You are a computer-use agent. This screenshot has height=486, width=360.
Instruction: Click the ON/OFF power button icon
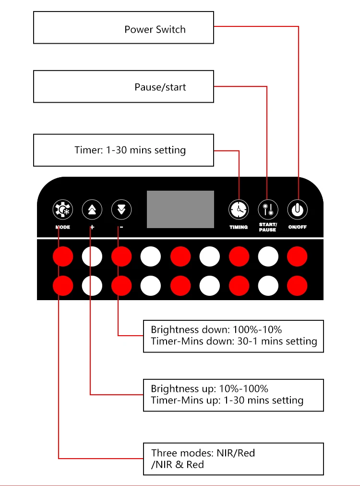pyautogui.click(x=297, y=209)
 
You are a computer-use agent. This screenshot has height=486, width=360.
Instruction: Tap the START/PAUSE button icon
pyautogui.click(x=268, y=209)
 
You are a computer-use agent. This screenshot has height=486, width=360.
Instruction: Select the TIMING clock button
pyautogui.click(x=239, y=209)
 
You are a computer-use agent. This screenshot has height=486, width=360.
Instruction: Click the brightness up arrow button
pyautogui.click(x=92, y=209)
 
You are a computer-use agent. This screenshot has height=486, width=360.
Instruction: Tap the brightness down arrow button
pyautogui.click(x=121, y=209)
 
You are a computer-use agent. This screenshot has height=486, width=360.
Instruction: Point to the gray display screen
pyautogui.click(x=180, y=209)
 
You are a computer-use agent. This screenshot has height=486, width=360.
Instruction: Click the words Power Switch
pyautogui.click(x=155, y=29)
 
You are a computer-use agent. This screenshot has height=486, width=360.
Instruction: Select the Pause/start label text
pyautogui.click(x=160, y=87)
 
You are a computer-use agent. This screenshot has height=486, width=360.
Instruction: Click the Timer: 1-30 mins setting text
pyautogui.click(x=130, y=150)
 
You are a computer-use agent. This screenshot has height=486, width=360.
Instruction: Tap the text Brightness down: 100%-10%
pyautogui.click(x=216, y=330)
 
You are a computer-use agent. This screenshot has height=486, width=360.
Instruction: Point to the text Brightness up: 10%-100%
pyautogui.click(x=209, y=389)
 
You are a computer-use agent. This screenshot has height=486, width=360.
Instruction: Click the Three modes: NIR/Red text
pyautogui.click(x=203, y=453)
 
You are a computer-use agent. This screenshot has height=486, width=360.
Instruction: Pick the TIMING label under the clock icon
pyautogui.click(x=239, y=227)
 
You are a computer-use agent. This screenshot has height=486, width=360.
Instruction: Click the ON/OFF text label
pyautogui.click(x=297, y=227)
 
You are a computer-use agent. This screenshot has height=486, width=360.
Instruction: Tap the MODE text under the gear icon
pyautogui.click(x=63, y=227)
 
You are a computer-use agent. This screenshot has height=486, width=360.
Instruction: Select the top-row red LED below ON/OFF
pyautogui.click(x=297, y=257)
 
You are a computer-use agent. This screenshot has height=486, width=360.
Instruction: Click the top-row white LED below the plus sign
pyautogui.click(x=92, y=257)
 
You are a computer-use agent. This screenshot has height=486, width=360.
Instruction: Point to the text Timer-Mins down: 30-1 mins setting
pyautogui.click(x=234, y=341)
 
